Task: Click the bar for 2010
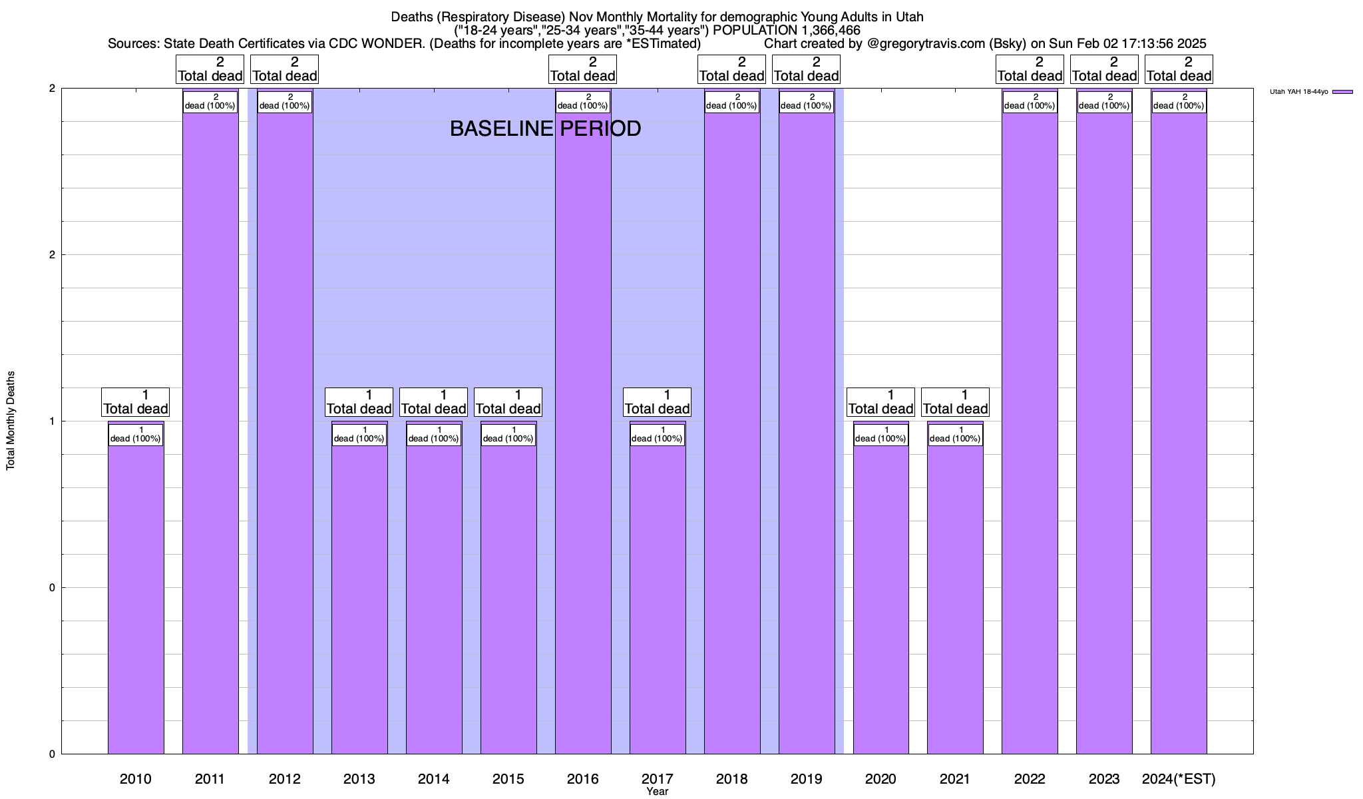pyautogui.click(x=136, y=599)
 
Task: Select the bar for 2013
pyautogui.click(x=359, y=599)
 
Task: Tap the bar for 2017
pyautogui.click(x=658, y=599)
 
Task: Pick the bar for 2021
pyautogui.click(x=955, y=599)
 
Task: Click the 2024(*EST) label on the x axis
pyautogui.click(x=1179, y=778)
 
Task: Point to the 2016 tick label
pyautogui.click(x=583, y=778)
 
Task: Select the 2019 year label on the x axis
pyautogui.click(x=807, y=778)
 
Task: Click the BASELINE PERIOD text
pyautogui.click(x=545, y=129)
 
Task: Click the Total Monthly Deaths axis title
pyautogui.click(x=11, y=421)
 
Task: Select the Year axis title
pyautogui.click(x=658, y=792)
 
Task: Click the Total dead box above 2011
pyautogui.click(x=210, y=69)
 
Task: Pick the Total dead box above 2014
pyautogui.click(x=434, y=402)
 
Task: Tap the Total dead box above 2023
pyautogui.click(x=1105, y=69)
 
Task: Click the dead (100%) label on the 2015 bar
pyautogui.click(x=508, y=435)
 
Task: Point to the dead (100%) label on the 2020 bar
pyautogui.click(x=880, y=435)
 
